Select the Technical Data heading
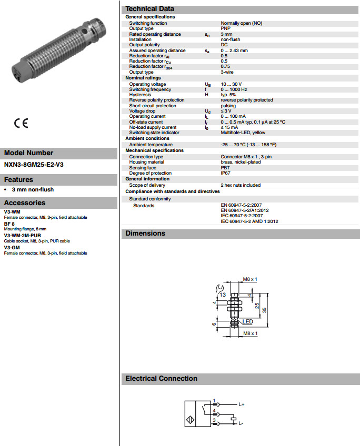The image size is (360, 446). (x=149, y=9)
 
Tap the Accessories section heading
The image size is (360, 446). (x=25, y=202)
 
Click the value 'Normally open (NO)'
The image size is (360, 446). (x=241, y=23)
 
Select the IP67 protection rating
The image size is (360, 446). (x=225, y=173)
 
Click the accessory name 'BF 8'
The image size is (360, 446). (x=9, y=224)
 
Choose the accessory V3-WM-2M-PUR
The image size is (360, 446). (x=22, y=236)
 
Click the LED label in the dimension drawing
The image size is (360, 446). (x=247, y=321)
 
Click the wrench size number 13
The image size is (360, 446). (x=223, y=295)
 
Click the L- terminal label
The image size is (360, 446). (x=241, y=423)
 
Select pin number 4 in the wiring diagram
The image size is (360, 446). (x=214, y=410)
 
